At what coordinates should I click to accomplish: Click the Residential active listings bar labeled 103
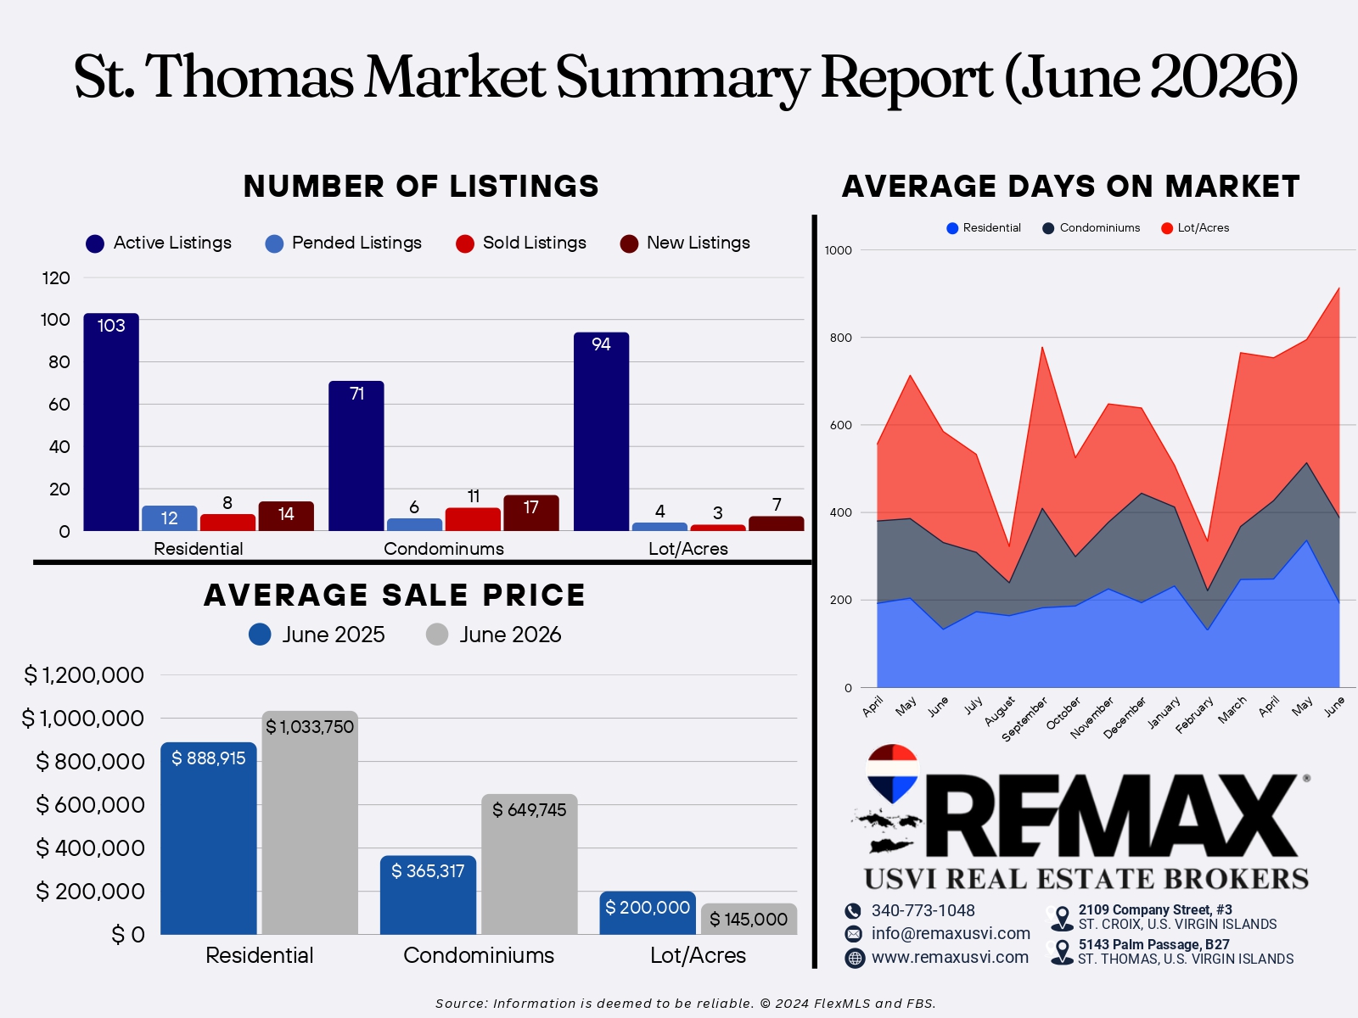coord(111,422)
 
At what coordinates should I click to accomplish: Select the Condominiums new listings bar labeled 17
coord(530,513)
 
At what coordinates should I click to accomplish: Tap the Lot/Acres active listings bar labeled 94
coord(602,432)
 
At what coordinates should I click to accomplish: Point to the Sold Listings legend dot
coord(464,243)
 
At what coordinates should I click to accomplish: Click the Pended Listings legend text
coord(356,243)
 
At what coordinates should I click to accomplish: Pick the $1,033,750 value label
coord(310,727)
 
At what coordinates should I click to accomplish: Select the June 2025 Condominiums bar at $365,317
coord(428,895)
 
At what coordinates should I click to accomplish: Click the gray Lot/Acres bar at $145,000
coord(749,919)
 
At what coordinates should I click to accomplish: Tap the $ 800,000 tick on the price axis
coord(90,762)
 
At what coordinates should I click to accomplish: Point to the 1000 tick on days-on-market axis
coord(839,250)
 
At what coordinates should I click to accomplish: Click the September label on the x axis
coord(1024,719)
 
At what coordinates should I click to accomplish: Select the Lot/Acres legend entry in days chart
coord(1195,228)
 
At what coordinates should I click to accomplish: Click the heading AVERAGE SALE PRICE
coord(395,596)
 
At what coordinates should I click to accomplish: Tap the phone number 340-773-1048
coord(923,910)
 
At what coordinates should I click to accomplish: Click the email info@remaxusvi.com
coord(951,933)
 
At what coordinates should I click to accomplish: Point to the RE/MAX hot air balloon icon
coord(892,773)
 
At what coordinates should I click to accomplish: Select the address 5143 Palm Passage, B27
coord(1153,944)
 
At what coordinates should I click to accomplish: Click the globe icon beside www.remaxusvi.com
coord(855,958)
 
